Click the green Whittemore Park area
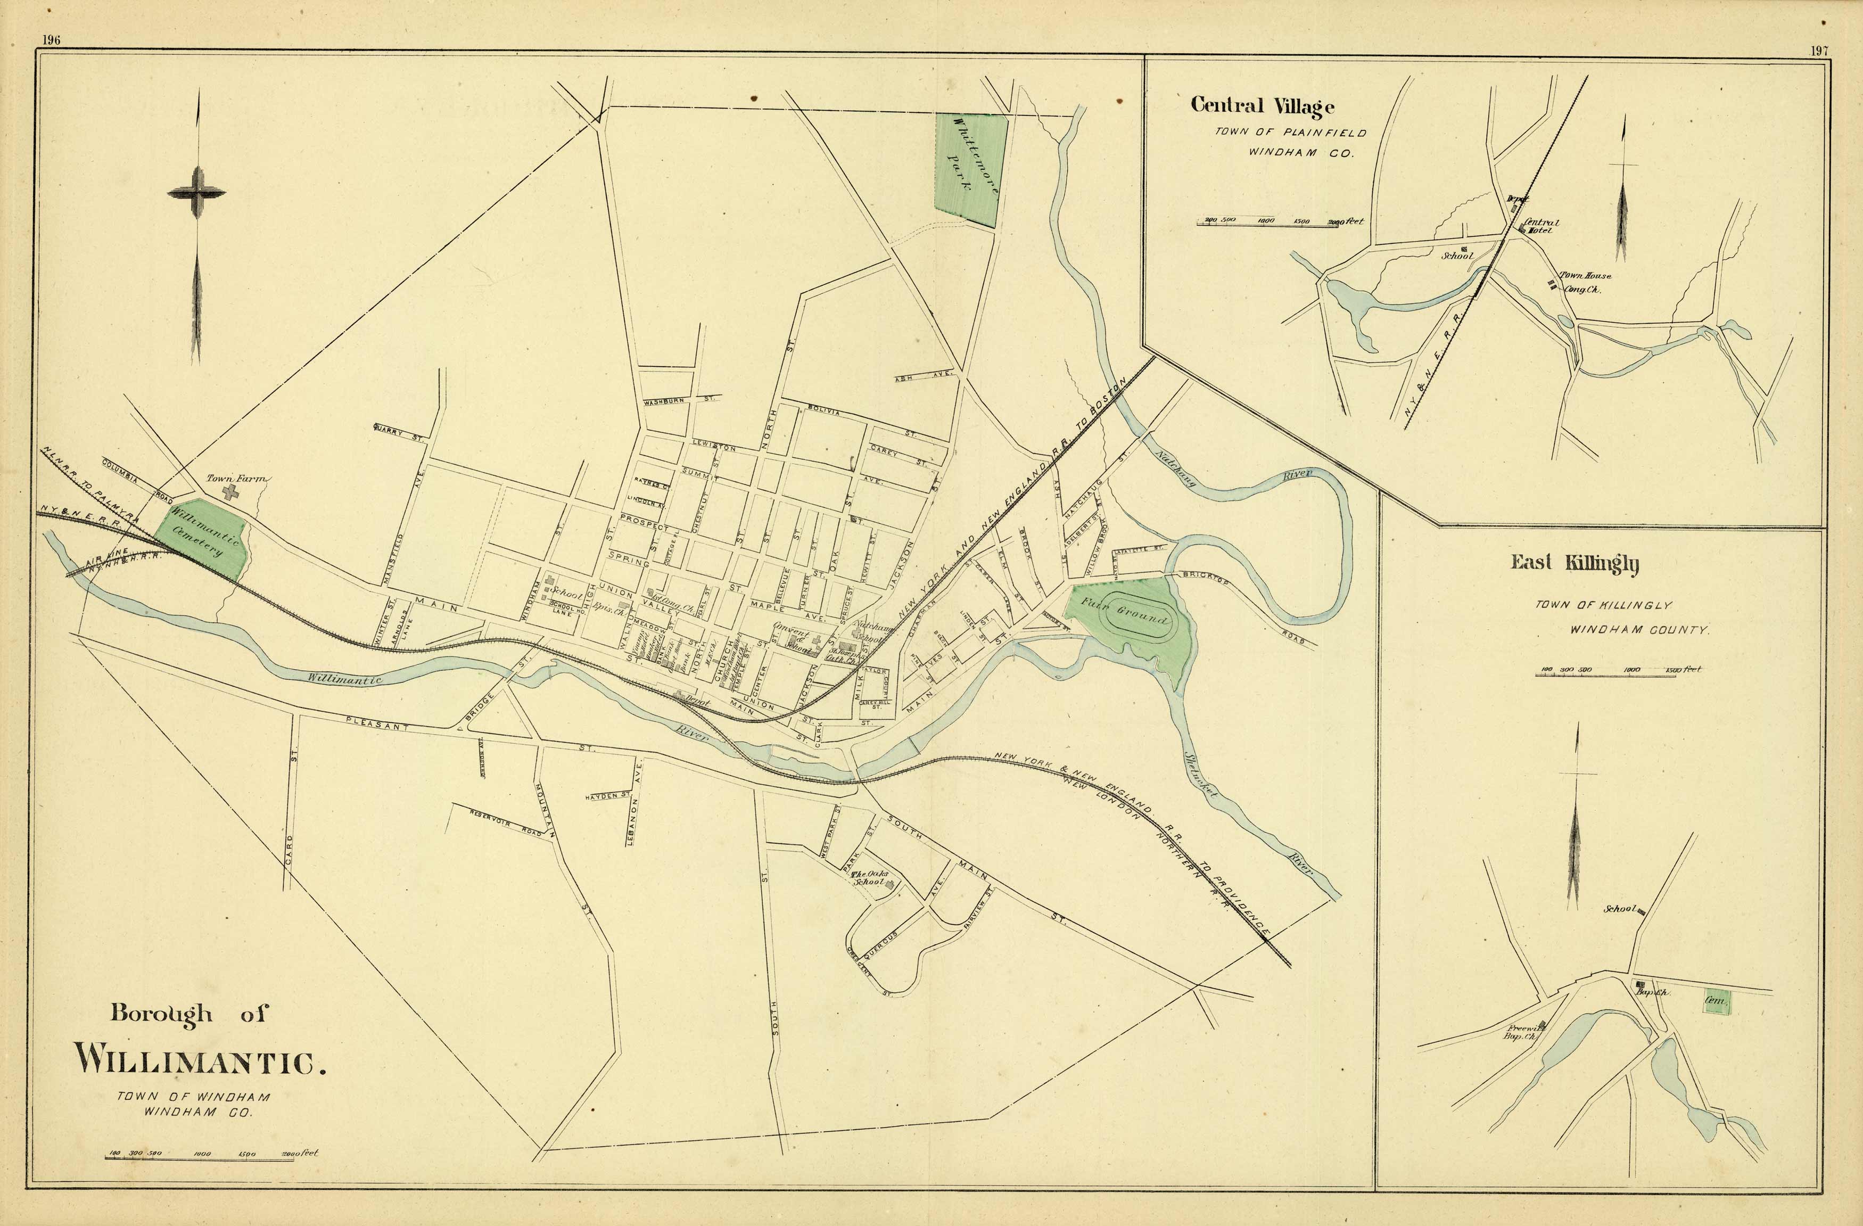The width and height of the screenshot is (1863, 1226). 968,168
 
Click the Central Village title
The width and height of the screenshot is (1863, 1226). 1262,106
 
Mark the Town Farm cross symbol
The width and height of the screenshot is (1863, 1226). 229,492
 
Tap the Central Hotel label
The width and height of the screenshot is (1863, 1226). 1540,226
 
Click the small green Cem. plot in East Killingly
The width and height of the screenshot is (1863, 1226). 1717,1002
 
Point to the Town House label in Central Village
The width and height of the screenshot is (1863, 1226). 1585,276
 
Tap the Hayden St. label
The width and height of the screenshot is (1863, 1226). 607,795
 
